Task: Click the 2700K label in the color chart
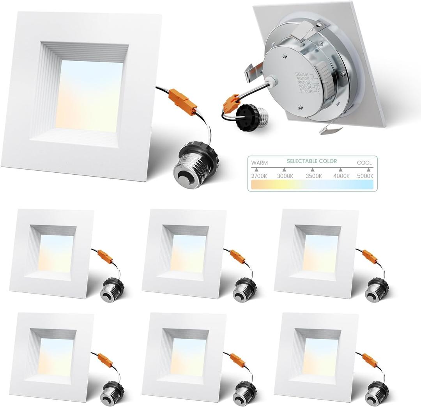(x=259, y=176)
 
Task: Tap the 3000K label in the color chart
(x=285, y=176)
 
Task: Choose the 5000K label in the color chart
(x=365, y=176)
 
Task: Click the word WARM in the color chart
(x=259, y=163)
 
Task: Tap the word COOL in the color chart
(x=365, y=163)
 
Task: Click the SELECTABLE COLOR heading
(x=312, y=161)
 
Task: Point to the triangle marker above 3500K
(x=312, y=170)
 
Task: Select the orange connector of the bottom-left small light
(x=106, y=360)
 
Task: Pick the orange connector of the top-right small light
(x=370, y=256)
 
